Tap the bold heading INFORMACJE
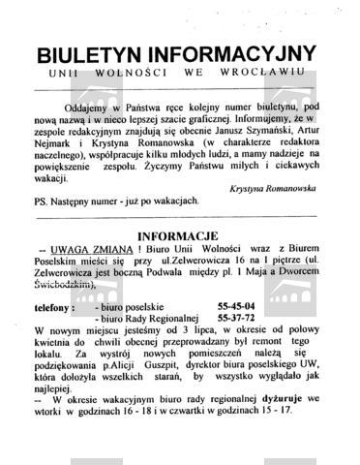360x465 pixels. pos(180,236)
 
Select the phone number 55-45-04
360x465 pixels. pos(237,306)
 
